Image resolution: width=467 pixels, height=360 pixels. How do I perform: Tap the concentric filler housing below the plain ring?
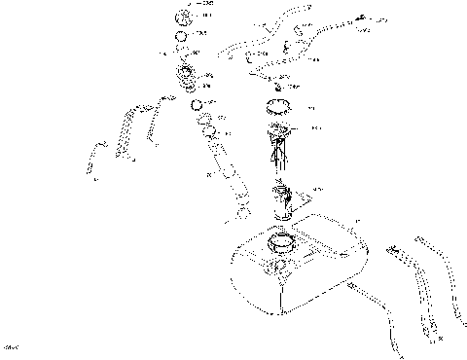tap(184, 73)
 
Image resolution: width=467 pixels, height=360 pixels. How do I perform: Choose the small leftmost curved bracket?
tap(93, 156)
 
